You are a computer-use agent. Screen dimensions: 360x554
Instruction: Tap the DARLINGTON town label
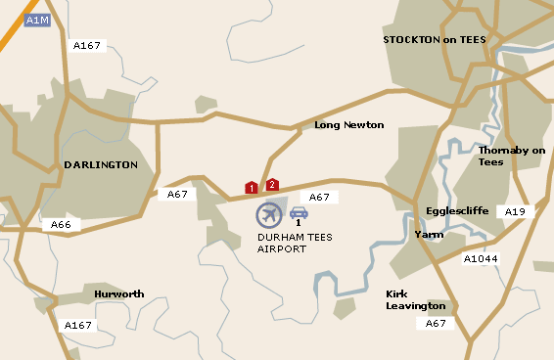click(101, 165)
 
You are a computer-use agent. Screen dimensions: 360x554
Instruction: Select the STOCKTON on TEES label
click(434, 40)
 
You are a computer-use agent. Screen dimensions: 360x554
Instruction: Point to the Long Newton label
click(348, 125)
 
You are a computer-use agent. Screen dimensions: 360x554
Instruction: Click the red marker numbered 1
click(252, 187)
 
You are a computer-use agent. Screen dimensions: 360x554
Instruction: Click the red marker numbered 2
click(272, 184)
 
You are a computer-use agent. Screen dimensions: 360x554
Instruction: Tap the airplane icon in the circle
click(269, 214)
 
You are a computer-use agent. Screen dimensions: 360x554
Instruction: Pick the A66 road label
click(61, 225)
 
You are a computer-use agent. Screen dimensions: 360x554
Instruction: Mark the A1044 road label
click(481, 259)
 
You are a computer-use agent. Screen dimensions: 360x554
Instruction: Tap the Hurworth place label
click(119, 293)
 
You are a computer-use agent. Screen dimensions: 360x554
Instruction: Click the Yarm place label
click(429, 236)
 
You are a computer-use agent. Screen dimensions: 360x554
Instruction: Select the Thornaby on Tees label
click(511, 156)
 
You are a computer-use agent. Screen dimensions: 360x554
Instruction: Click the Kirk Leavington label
click(416, 299)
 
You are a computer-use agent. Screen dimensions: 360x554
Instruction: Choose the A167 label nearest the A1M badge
click(87, 45)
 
